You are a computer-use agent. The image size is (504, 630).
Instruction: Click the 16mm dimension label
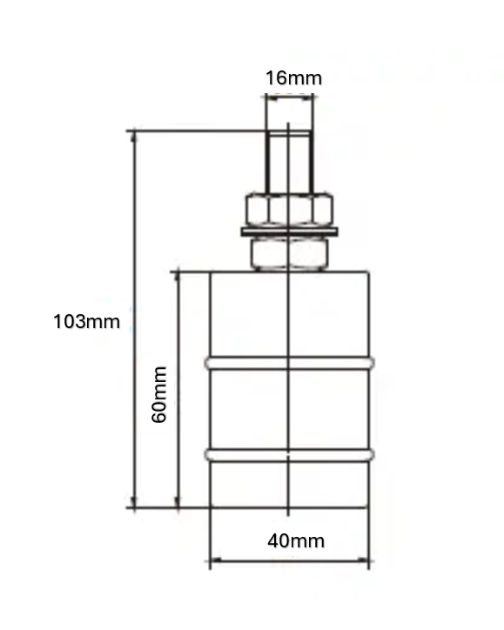(292, 77)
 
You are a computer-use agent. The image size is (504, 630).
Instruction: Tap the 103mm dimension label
(86, 321)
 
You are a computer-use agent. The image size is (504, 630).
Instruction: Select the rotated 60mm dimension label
(159, 394)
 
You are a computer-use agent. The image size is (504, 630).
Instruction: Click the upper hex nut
(288, 209)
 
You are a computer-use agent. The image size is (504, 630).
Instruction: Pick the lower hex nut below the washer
(288, 253)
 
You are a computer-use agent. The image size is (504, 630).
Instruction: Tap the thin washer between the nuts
(288, 231)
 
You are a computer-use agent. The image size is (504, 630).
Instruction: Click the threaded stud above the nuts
(288, 161)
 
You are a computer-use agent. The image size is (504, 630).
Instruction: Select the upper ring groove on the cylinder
(288, 362)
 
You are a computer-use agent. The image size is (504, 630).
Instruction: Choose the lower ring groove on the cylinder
(288, 454)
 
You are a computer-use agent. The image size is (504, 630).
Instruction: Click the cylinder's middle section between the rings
(288, 408)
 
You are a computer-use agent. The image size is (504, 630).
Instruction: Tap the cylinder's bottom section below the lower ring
(288, 484)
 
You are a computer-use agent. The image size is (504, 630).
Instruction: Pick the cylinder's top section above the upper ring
(288, 313)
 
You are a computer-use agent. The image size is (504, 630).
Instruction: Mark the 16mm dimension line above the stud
(288, 98)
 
